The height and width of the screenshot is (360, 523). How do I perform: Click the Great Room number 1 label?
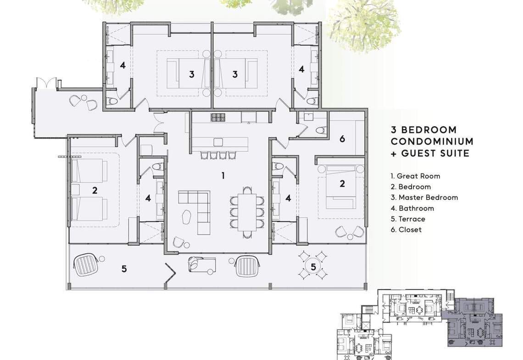(223, 175)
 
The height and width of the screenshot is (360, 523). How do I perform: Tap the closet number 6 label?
(342, 138)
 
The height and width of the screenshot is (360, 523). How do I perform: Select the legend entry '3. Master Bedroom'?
(424, 197)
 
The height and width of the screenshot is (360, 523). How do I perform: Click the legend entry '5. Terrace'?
(408, 219)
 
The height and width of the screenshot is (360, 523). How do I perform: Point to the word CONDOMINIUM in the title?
(432, 141)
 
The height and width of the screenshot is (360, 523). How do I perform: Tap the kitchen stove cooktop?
(218, 117)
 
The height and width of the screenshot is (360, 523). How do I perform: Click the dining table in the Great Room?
(247, 212)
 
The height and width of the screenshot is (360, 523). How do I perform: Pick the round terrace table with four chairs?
(313, 266)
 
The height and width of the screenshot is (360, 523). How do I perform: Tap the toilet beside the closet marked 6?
(320, 130)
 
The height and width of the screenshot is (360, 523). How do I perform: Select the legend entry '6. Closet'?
(406, 230)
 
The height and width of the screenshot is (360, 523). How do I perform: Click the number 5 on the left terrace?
(124, 269)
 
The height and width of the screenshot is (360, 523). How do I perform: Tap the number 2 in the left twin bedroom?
(95, 190)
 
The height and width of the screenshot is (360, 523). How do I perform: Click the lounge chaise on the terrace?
(201, 264)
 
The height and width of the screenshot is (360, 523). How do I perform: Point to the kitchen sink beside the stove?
(249, 117)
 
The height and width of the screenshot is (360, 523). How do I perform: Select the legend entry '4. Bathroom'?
(412, 208)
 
